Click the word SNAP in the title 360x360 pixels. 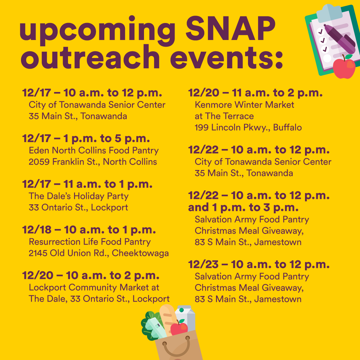point(231,28)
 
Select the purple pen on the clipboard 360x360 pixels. point(340,38)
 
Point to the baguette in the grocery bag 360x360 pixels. point(168,319)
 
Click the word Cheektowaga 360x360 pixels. point(140,253)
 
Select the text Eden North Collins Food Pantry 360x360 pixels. point(94,151)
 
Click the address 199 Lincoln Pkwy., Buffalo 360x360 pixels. point(248,127)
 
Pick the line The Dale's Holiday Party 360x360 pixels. point(79,196)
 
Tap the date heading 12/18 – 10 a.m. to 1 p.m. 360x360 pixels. point(89,230)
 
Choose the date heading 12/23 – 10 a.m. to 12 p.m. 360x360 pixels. point(259,264)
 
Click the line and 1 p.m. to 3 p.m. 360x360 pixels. point(243,207)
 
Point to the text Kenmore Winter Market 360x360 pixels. point(244,105)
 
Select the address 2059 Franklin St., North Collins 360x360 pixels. point(93,162)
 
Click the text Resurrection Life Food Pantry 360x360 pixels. point(90,242)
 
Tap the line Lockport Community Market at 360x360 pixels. point(94,287)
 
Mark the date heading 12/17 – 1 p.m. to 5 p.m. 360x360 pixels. point(86,138)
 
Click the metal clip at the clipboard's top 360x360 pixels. point(329,13)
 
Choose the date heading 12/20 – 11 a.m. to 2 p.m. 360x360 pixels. point(255,93)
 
